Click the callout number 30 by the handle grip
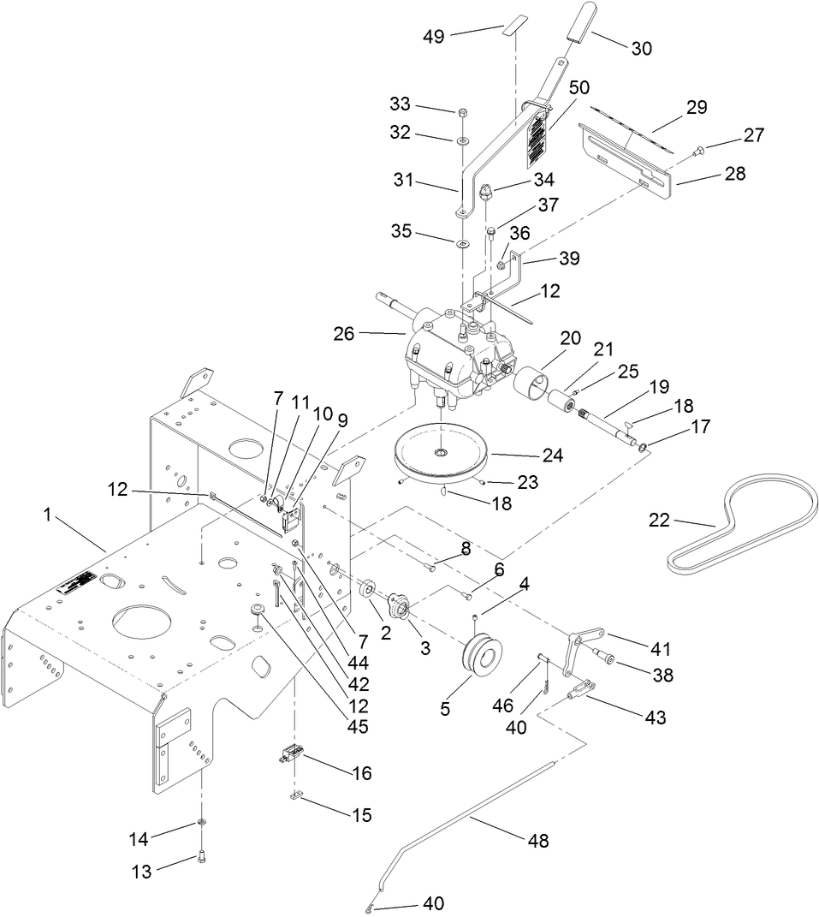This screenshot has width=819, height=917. [x=640, y=49]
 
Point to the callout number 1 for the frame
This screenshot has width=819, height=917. [x=48, y=515]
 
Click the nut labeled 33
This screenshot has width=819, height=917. [x=461, y=112]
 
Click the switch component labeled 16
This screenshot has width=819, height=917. [x=292, y=757]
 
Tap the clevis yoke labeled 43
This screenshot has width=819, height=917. [x=580, y=690]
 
